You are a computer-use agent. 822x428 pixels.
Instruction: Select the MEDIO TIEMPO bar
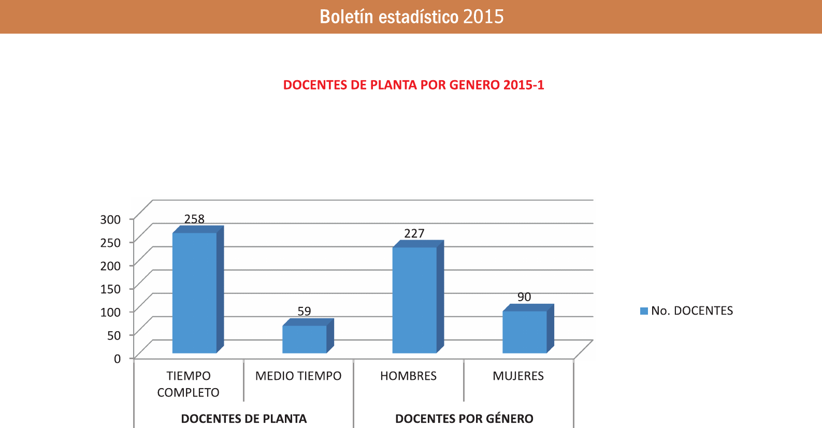[305, 339]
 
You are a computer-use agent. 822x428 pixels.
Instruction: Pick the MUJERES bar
[525, 332]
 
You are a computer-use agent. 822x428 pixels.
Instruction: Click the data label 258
[195, 219]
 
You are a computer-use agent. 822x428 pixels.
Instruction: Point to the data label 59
[304, 311]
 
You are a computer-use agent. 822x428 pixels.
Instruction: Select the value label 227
[414, 233]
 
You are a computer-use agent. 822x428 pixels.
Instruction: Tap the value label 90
[524, 297]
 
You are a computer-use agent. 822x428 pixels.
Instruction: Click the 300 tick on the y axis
[110, 219]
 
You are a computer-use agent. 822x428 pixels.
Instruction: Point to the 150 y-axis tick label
[110, 289]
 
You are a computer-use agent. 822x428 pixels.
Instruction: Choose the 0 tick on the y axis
[117, 359]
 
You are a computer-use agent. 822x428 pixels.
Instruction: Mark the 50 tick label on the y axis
[114, 335]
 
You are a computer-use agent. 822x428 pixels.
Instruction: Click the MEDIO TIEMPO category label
[298, 376]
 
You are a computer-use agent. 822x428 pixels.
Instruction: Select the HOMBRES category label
[408, 376]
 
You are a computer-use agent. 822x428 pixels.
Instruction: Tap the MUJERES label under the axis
[518, 376]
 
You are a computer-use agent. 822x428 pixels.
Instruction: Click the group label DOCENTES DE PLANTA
[244, 419]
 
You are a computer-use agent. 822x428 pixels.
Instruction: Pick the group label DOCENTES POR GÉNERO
[464, 419]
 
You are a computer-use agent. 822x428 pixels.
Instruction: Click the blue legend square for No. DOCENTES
[644, 311]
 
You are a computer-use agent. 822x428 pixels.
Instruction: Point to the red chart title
[413, 85]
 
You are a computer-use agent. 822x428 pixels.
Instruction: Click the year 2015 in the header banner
[483, 17]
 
